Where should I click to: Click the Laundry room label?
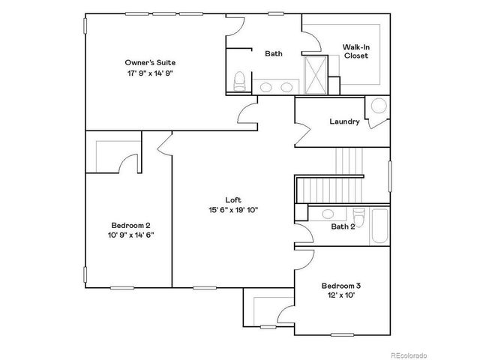point(344,121)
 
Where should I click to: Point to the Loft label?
point(233,199)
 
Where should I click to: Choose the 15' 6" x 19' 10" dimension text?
point(233,210)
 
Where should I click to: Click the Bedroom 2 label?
point(131,225)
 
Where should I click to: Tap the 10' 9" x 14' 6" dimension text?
point(131,235)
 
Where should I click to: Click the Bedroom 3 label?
point(341,285)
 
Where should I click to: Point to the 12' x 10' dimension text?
point(341,295)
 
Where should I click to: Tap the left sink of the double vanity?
point(266,88)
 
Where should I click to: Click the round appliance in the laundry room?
point(379,106)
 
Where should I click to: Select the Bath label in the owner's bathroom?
point(273,53)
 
